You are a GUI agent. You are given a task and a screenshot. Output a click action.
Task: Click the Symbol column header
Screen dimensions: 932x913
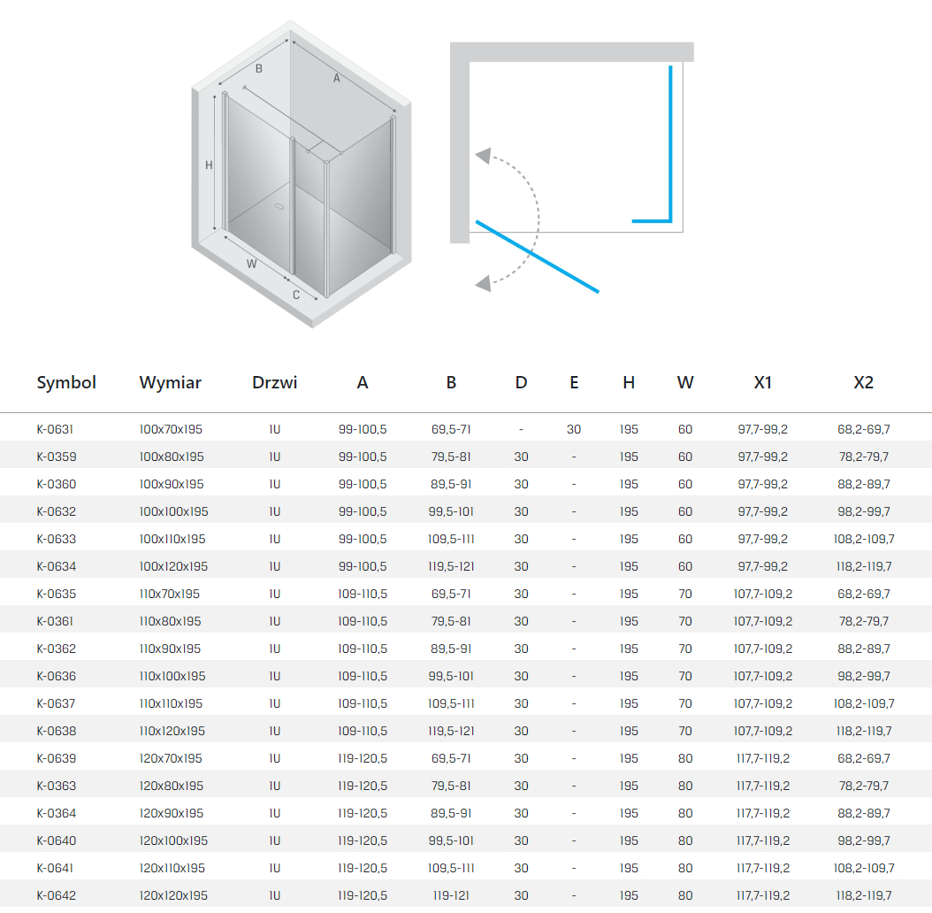(x=66, y=382)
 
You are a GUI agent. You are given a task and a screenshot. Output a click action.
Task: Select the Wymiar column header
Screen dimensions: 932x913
(x=170, y=382)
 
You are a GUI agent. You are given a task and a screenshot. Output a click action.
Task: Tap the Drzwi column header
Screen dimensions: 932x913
(x=274, y=382)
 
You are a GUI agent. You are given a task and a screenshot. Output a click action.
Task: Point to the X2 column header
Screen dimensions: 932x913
(x=863, y=382)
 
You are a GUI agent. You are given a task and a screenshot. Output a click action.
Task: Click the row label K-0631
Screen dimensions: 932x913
(x=55, y=429)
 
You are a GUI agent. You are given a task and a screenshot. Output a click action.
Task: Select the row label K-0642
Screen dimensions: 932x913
(x=57, y=895)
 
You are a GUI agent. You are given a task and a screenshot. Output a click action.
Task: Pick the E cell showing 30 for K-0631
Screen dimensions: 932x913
(x=574, y=429)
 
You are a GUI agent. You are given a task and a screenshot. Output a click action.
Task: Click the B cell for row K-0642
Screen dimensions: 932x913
(x=451, y=895)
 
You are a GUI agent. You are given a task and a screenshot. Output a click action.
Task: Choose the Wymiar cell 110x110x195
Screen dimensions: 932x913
(x=171, y=703)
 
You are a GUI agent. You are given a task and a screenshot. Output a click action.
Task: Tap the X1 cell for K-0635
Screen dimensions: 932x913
(x=762, y=595)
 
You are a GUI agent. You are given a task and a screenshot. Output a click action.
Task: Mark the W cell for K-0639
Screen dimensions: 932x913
(x=684, y=758)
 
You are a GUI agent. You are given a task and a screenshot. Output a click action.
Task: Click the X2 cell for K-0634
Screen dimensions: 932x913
(x=864, y=567)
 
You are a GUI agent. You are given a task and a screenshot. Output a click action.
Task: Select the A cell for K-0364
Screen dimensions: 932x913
(x=362, y=813)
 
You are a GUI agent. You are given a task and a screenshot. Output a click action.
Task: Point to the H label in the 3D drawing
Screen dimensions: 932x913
(x=209, y=165)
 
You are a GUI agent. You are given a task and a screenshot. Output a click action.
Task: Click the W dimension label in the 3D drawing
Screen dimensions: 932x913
(x=251, y=264)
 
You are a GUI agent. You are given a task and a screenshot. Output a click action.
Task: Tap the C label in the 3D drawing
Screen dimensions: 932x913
(x=296, y=295)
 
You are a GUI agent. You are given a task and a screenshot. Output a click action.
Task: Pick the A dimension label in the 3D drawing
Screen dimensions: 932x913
(x=336, y=78)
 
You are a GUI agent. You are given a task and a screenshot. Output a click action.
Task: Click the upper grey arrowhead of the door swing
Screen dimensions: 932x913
(x=483, y=156)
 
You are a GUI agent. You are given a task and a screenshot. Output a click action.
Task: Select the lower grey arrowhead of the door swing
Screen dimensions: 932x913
(x=483, y=283)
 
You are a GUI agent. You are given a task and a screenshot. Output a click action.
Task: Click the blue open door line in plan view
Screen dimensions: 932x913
(x=538, y=257)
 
